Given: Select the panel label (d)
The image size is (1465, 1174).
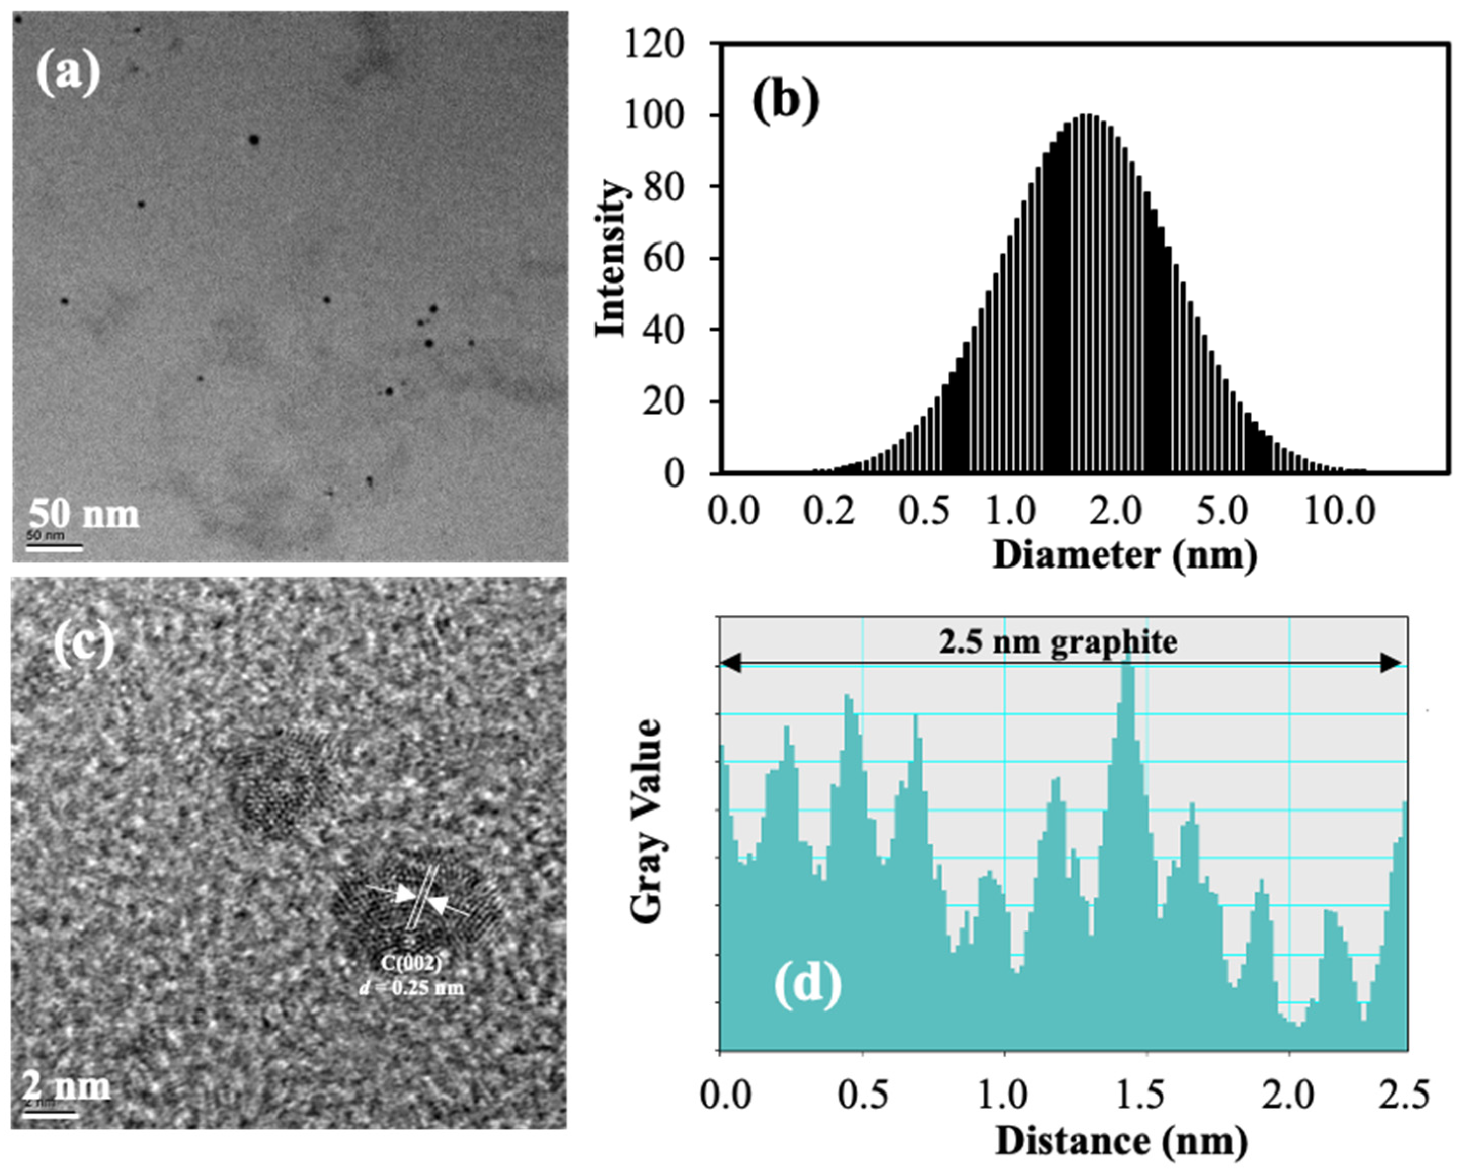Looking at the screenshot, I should pyautogui.click(x=807, y=983).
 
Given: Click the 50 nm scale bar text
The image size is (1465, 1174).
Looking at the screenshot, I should pyautogui.click(x=84, y=514).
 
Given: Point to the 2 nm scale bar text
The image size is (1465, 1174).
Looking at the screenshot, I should pyautogui.click(x=67, y=1085).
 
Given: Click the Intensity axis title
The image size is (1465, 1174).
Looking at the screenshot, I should pyautogui.click(x=610, y=259).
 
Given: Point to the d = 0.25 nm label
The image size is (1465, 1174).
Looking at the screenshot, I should pyautogui.click(x=411, y=987).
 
